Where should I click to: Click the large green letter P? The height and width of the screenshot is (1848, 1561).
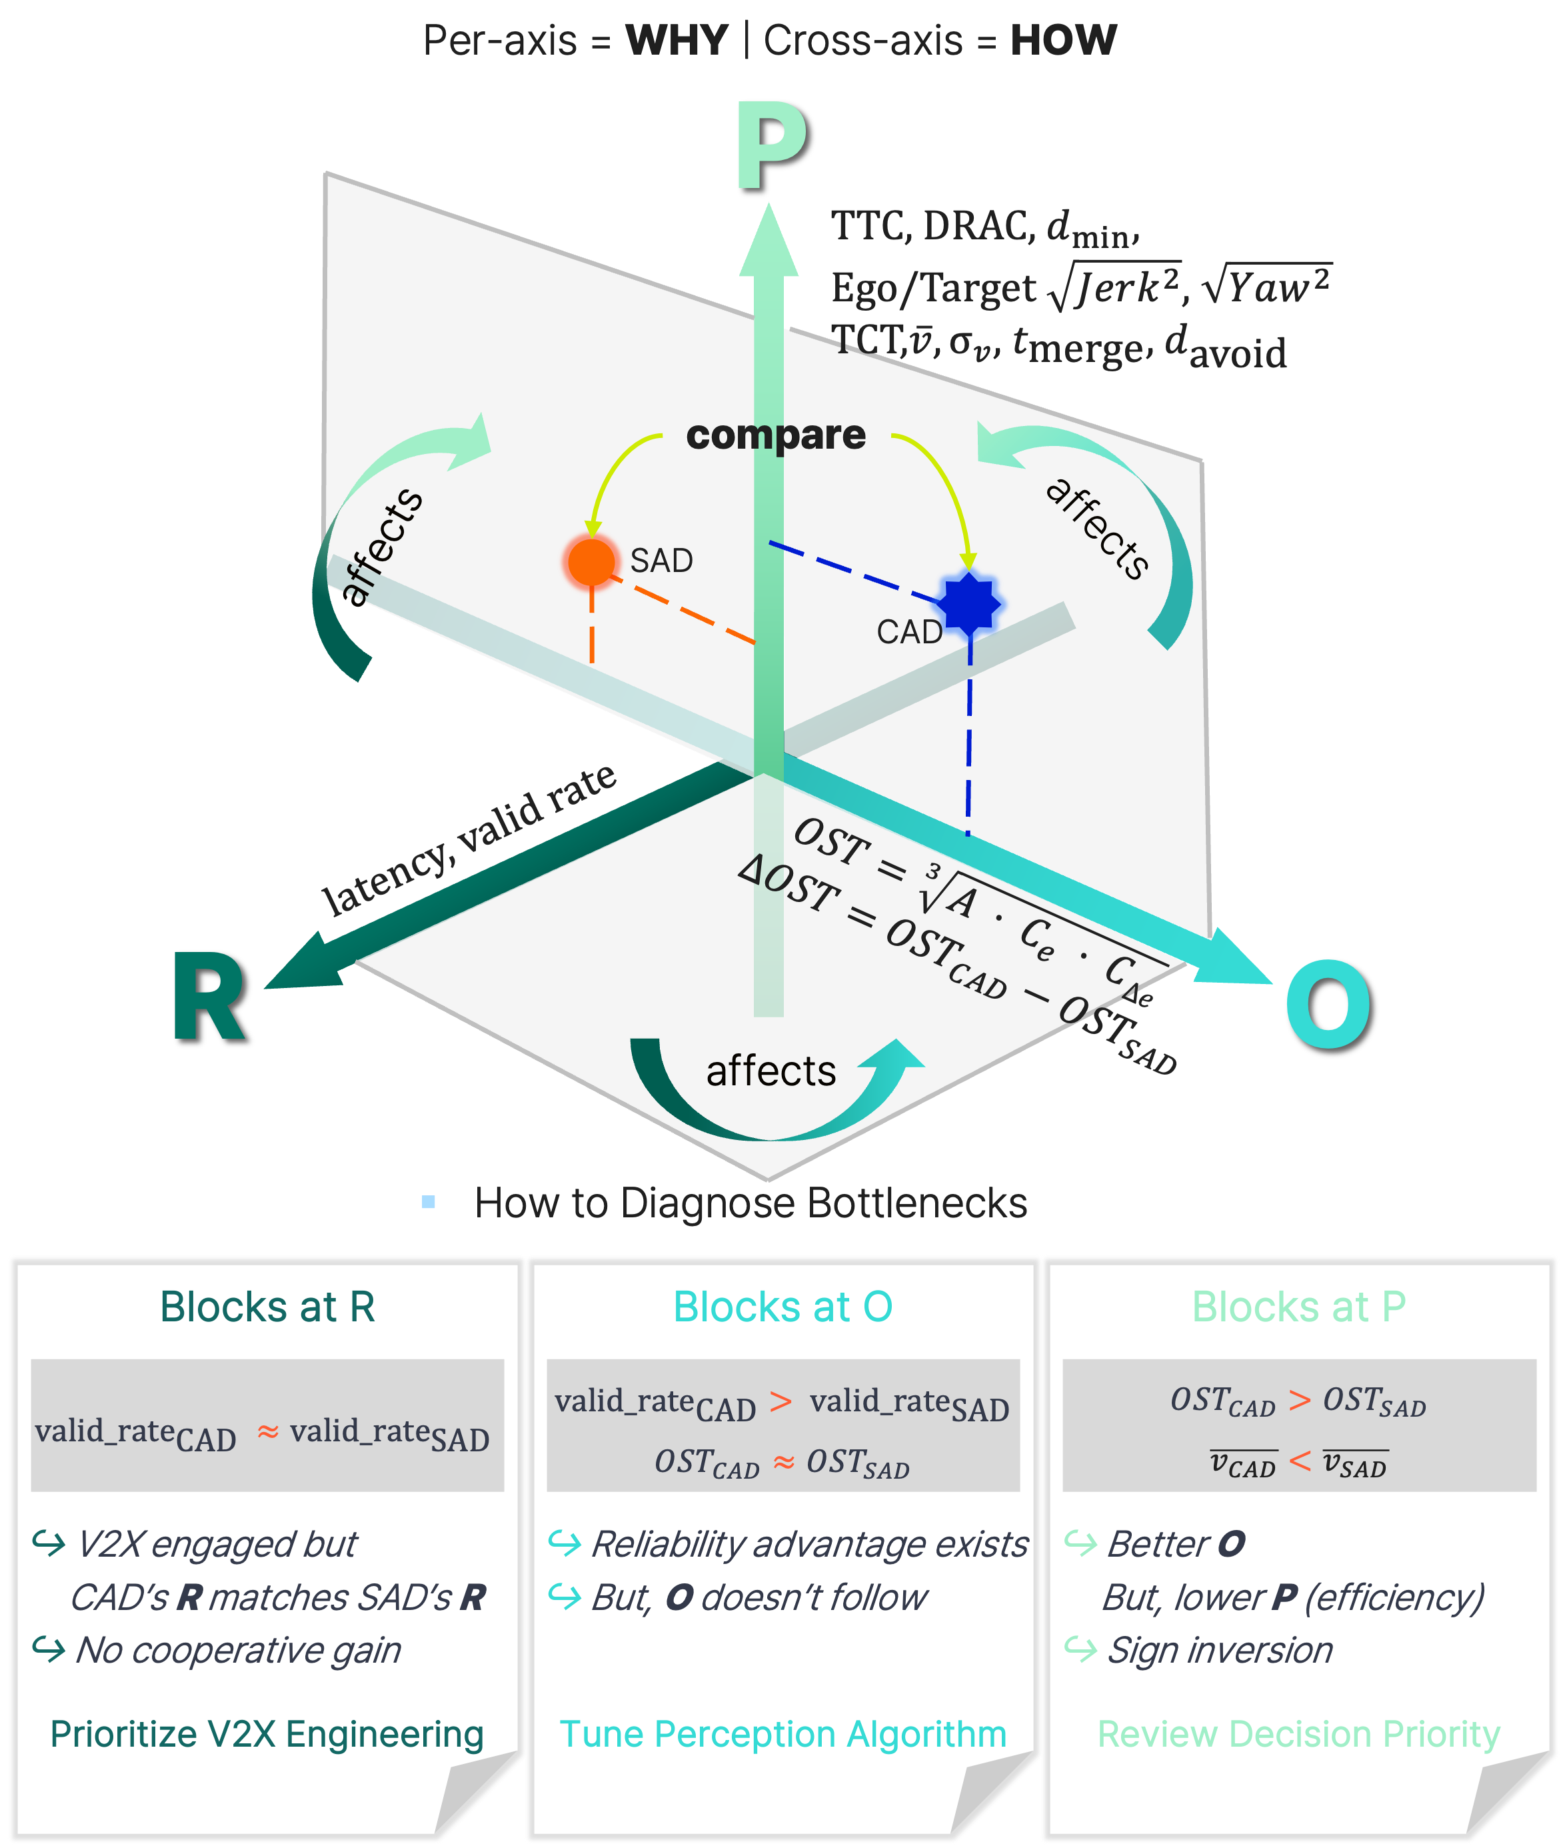pos(772,146)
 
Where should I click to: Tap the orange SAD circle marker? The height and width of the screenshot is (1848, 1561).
pos(591,561)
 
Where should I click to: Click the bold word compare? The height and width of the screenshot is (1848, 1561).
pos(776,435)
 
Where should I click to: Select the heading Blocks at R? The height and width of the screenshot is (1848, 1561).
pos(267,1307)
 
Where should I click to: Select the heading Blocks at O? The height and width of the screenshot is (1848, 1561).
pos(783,1307)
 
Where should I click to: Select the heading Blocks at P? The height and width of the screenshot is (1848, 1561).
pos(1299,1307)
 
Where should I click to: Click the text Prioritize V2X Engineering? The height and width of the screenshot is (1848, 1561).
pos(267,1735)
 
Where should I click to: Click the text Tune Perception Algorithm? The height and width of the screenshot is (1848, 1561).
pos(783,1735)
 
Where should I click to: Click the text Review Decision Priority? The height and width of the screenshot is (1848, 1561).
pos(1299,1735)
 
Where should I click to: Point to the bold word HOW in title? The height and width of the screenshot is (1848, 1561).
pos(1064,41)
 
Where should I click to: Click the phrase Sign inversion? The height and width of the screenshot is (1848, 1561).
pos(1220,1651)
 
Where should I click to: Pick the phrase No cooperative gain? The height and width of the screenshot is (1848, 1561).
pos(238,1651)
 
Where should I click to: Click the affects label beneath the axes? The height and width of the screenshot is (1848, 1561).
pos(771,1071)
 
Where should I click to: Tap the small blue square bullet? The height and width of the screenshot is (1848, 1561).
pos(429,1202)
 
